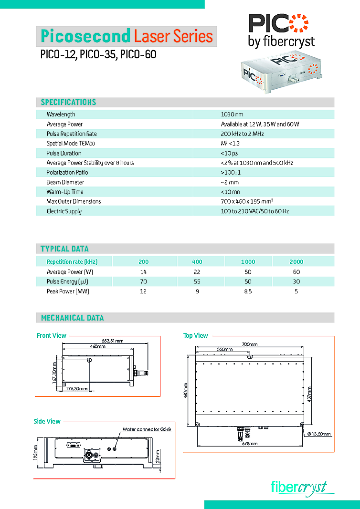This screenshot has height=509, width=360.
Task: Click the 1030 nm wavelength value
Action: point(232,114)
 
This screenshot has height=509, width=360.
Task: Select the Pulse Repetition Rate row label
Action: point(72,134)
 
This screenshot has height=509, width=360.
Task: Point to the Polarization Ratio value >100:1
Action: point(231,173)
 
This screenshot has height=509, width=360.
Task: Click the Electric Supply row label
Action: point(64,211)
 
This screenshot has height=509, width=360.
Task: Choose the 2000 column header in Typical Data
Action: point(296,262)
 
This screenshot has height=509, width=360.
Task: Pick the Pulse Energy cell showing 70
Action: point(143,281)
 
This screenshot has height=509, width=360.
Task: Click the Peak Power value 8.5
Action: point(248,291)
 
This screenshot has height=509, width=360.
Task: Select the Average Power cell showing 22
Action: point(197,272)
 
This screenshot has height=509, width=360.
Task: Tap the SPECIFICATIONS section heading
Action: point(68,102)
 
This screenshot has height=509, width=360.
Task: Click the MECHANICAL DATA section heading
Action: point(72,318)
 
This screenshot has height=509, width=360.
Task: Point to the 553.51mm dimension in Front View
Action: point(113,341)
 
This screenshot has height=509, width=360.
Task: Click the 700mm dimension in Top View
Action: point(249,344)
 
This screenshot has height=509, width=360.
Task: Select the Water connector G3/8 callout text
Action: point(147,429)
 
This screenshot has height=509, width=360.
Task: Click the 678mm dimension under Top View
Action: point(249,444)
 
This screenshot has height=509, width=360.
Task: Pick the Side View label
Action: point(47,421)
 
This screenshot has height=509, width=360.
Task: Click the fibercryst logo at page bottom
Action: point(299,487)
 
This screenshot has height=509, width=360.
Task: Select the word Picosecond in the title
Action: point(85,36)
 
